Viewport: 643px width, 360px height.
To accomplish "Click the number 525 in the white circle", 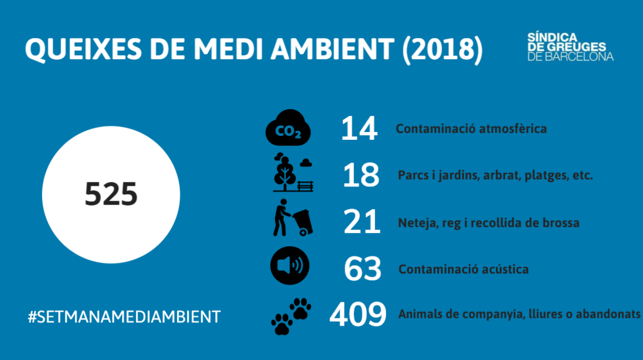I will pos(111,195).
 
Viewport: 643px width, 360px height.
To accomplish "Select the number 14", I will pos(359,129).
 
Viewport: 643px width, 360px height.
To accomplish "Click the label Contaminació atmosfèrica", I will pos(471,129).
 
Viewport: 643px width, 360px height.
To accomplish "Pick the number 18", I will pos(361,175).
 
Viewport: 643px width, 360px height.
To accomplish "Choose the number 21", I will pos(362,222).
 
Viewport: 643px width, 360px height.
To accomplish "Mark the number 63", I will pos(363,269).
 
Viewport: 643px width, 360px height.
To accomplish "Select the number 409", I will pos(358,315).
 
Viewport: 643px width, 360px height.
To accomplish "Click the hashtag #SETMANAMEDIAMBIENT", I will pos(124,317).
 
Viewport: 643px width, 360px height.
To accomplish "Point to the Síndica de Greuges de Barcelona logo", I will pos(570,47).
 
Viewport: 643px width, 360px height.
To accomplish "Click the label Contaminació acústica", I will pos(463,270).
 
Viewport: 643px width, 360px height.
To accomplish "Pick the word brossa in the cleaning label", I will pos(561,223).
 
